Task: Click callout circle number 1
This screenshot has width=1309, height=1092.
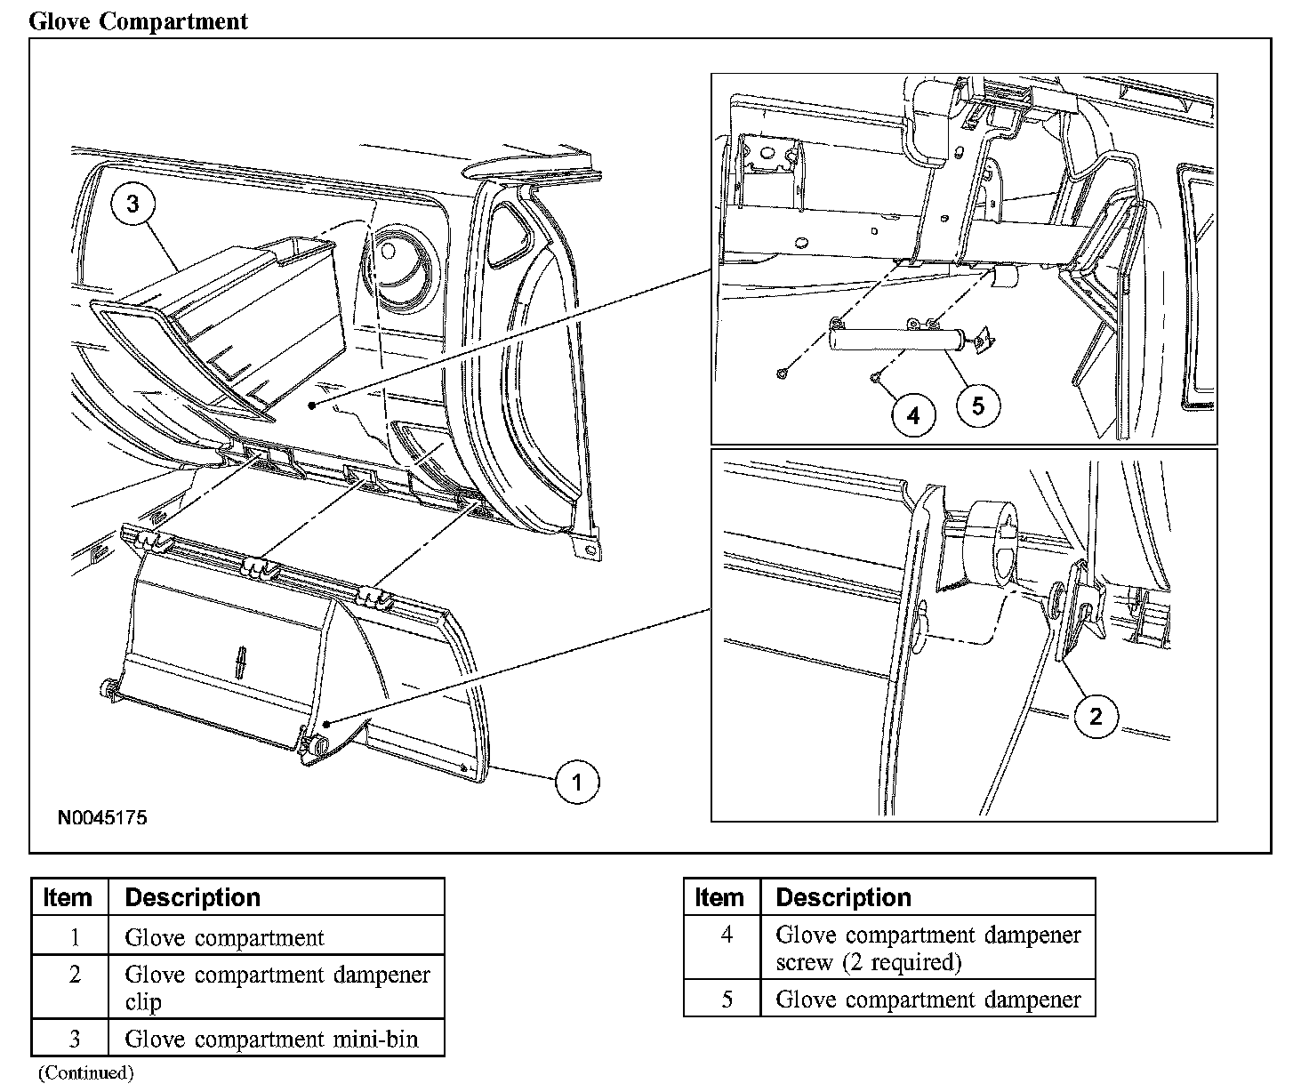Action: pos(577,782)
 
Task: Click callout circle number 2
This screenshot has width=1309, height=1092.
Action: pos(1096,716)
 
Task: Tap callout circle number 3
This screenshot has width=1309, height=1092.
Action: pos(133,205)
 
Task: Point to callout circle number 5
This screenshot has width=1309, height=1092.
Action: pos(978,405)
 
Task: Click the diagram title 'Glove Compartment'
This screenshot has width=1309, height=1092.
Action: pos(138,21)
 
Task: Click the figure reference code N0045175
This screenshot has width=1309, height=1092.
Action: pos(102,817)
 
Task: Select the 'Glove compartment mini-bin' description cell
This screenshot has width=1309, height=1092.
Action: pos(271,1038)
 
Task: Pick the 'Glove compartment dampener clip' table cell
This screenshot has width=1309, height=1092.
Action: pos(277,987)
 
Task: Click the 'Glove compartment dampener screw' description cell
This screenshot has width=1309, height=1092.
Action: pos(928,948)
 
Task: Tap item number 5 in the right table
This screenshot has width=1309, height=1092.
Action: pos(727,999)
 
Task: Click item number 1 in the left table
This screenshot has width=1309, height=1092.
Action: pos(75,936)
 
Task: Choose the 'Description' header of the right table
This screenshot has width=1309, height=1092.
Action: pos(843,897)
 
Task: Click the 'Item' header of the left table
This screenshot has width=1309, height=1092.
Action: pos(68,897)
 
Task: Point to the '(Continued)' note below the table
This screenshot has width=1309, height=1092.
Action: pos(85,1073)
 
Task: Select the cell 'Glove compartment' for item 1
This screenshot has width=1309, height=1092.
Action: pos(225,936)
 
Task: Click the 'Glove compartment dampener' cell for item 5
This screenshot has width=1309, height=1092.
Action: pos(928,999)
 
